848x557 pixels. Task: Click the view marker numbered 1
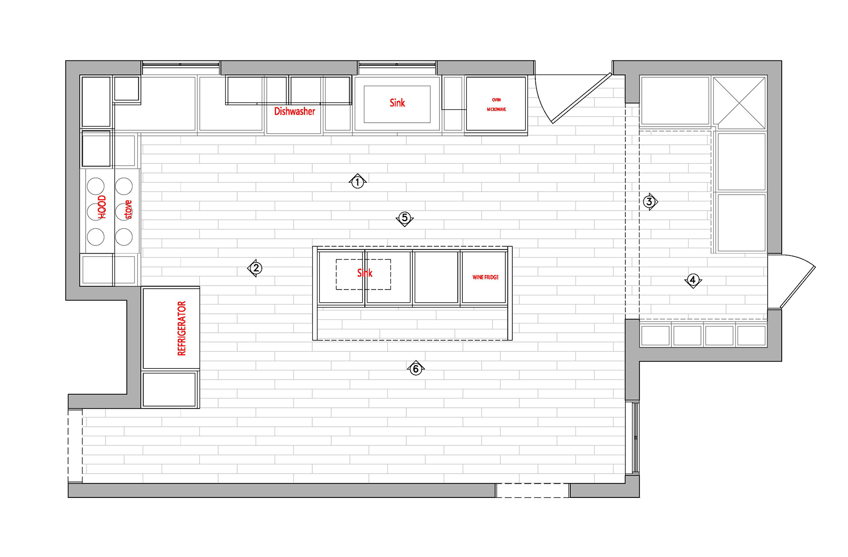click(357, 181)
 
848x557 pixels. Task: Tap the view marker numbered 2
click(256, 268)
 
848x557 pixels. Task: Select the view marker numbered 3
click(649, 202)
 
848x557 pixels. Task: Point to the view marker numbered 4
click(693, 280)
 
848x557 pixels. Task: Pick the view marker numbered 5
click(405, 218)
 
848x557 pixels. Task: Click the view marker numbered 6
click(416, 369)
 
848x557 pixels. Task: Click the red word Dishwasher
click(295, 111)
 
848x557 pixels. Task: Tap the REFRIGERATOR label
click(182, 328)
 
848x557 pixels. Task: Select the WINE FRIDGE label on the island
click(485, 277)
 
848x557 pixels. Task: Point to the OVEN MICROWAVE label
click(496, 105)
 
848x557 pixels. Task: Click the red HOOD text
click(102, 207)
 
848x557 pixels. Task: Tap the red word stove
click(128, 209)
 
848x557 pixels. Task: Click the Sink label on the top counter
click(397, 103)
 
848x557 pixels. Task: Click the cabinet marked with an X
click(739, 102)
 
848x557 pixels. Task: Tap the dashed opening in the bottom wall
click(532, 490)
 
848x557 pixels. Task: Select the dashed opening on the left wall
click(75, 446)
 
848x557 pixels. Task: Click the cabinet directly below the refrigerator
click(169, 389)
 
